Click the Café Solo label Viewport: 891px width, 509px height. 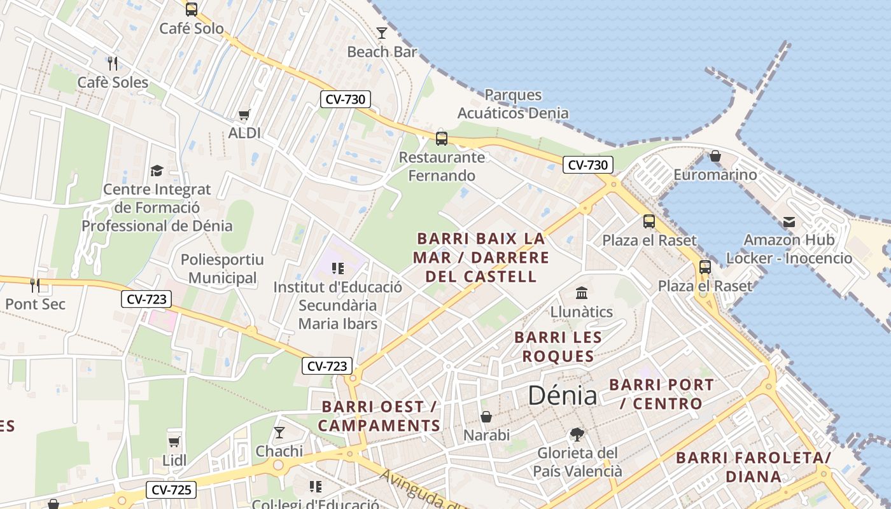point(191,29)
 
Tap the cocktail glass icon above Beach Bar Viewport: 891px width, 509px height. point(382,33)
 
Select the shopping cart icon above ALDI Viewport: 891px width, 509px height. point(244,115)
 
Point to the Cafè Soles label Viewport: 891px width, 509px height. point(113,82)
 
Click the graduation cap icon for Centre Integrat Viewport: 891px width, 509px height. point(157,171)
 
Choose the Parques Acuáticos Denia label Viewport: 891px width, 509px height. point(513,104)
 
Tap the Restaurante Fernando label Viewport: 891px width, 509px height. point(442,166)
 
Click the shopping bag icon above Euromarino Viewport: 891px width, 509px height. point(715,156)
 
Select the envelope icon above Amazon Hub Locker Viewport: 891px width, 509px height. point(789,221)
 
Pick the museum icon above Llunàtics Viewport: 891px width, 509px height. point(582,293)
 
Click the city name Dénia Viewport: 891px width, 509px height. point(563,396)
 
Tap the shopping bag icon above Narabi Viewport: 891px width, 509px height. point(486,417)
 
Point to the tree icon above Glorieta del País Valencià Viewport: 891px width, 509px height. point(577,435)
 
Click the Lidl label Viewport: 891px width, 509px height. point(174,460)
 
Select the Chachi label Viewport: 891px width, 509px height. point(279,451)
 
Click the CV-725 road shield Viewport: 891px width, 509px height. point(171,490)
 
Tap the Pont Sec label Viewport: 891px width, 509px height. point(35,304)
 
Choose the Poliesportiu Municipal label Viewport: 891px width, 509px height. point(222,268)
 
